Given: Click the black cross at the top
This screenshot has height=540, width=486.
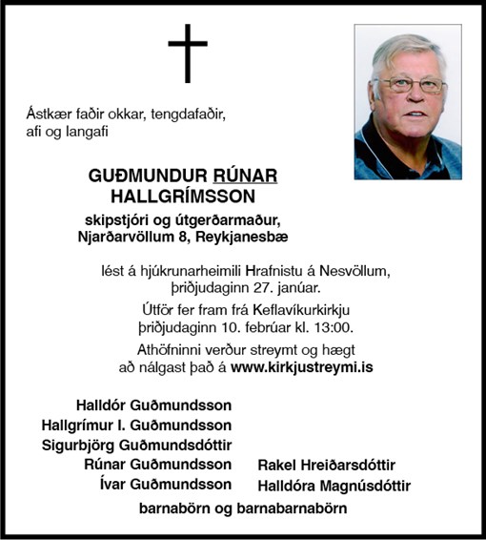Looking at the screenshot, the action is (x=188, y=52).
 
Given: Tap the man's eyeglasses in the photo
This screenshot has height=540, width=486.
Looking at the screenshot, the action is (x=411, y=85).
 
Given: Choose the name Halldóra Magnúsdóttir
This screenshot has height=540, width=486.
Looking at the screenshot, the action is (x=334, y=487).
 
